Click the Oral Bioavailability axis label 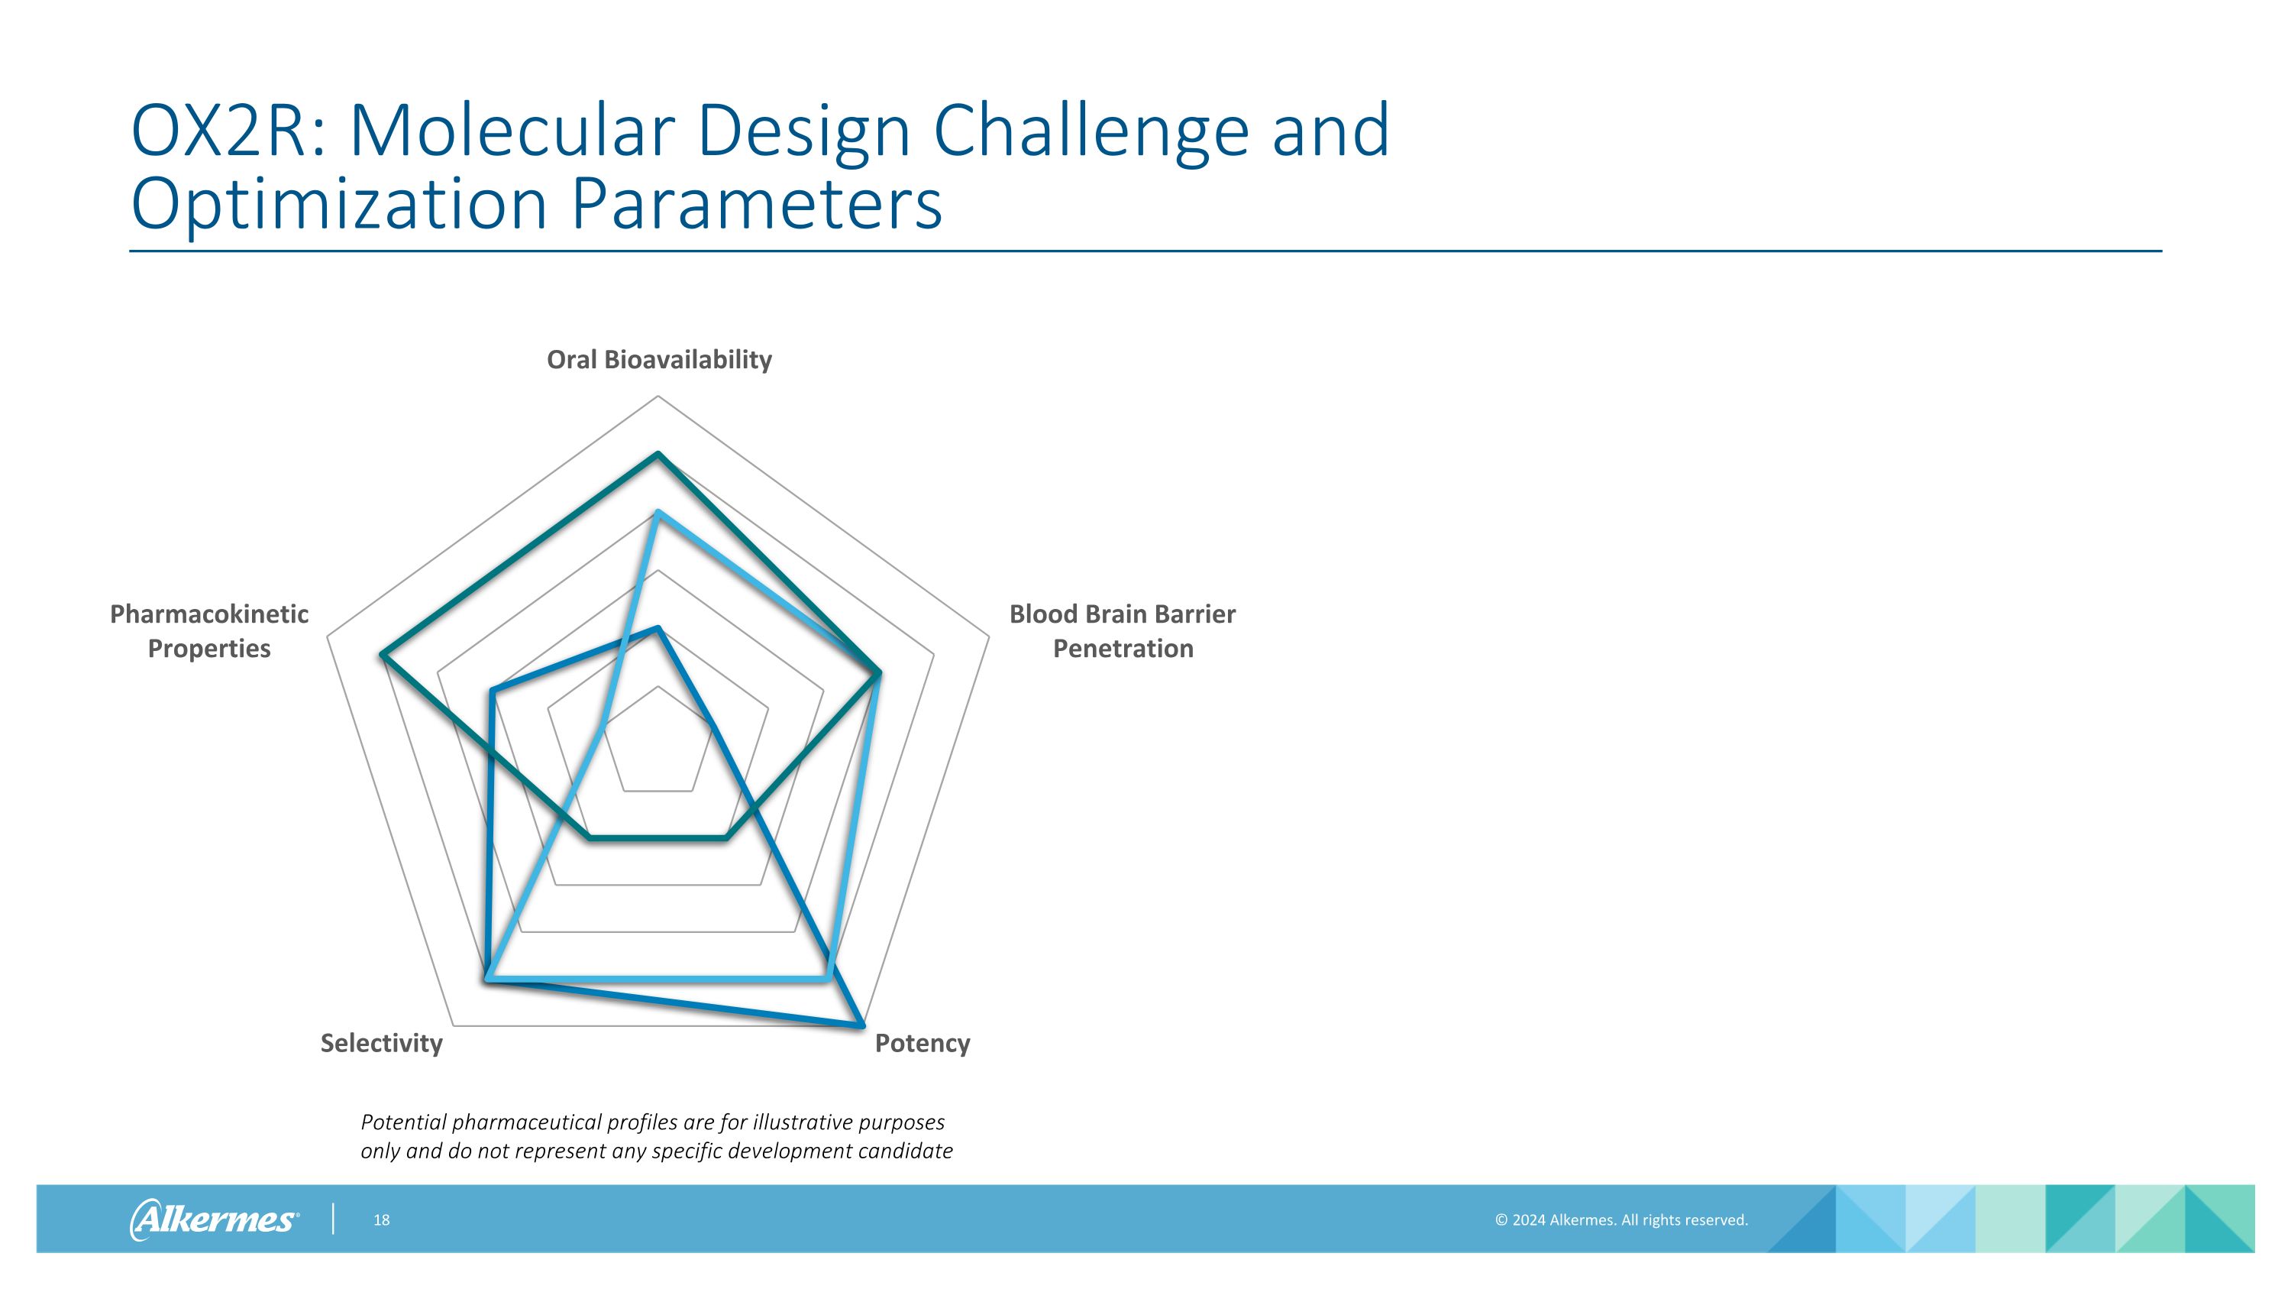point(659,359)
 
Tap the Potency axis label point(922,1043)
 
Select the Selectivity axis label point(382,1043)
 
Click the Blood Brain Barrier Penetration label point(1123,630)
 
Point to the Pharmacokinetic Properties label point(209,630)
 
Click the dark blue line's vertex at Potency point(861,1025)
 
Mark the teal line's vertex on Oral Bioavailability point(658,454)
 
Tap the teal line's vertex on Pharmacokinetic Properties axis point(382,655)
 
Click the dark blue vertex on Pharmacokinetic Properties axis point(492,690)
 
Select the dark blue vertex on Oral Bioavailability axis point(658,628)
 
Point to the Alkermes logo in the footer point(214,1219)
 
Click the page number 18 point(382,1219)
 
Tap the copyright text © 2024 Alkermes point(1621,1219)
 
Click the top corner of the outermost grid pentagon point(658,396)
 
